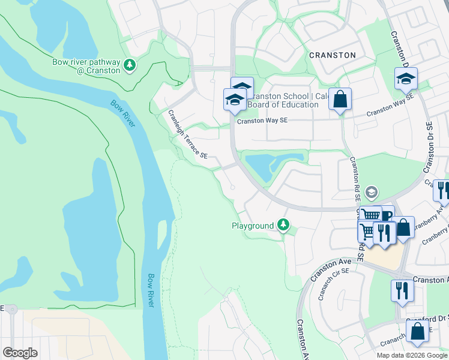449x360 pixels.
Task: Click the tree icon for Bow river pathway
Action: point(129,64)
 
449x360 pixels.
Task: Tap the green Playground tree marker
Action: point(283,226)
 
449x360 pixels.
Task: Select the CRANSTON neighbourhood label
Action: point(332,55)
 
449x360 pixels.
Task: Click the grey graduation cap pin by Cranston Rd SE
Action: point(372,192)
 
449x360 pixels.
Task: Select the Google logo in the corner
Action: point(20,353)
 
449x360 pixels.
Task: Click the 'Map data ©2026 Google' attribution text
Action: point(412,355)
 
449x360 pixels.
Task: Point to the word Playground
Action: point(253,226)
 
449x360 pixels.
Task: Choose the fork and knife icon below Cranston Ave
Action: point(402,290)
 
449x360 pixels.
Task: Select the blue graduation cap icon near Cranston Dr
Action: point(406,78)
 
